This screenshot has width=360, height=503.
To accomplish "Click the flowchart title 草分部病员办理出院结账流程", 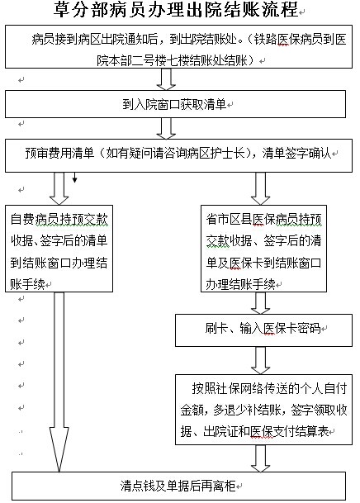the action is [x=176, y=10].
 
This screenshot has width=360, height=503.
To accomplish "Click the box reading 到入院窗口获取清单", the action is [x=175, y=104].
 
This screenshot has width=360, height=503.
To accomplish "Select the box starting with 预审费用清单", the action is [x=178, y=155].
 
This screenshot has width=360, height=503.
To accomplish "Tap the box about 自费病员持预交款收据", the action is [x=59, y=249].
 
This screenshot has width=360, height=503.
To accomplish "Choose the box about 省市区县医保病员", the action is [x=263, y=249].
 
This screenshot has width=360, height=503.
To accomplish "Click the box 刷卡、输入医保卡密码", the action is [x=263, y=330].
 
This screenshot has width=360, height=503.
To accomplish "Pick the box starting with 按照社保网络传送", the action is [x=263, y=410].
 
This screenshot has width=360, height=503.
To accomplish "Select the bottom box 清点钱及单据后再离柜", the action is [x=178, y=486].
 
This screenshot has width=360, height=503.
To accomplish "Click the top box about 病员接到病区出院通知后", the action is [x=178, y=46].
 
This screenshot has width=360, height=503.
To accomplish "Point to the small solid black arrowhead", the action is [x=74, y=180].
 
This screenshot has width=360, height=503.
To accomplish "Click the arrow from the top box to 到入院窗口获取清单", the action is [x=166, y=79].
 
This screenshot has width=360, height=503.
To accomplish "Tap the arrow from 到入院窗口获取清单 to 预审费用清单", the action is [x=166, y=128].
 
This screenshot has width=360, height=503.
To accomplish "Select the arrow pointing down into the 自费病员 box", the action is [x=59, y=188].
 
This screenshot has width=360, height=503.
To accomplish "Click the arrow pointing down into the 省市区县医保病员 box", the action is [x=260, y=188].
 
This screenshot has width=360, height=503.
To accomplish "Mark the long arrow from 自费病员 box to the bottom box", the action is [x=59, y=382].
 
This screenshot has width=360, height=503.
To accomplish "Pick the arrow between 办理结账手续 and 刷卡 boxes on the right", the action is [x=260, y=303].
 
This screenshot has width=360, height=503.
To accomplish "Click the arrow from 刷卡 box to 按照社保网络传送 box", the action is [x=260, y=360].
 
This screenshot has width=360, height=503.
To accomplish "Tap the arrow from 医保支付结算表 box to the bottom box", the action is [x=260, y=458].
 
